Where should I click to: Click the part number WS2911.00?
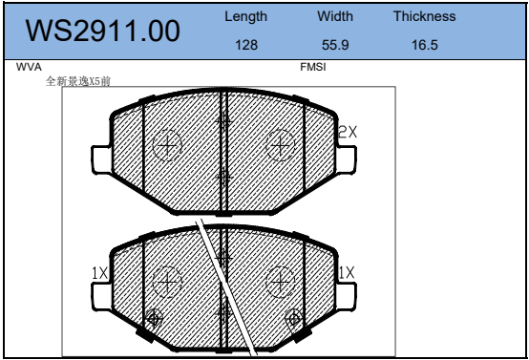pos(103,31)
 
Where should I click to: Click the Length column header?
pos(246,16)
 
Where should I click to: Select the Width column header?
pos(335,16)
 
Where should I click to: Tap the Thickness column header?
pos(424,16)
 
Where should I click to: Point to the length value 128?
pos(246,45)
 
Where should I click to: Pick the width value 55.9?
pos(335,45)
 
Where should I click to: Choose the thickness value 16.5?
pos(424,45)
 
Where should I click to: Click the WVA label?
pos(29,67)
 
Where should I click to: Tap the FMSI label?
pos(313,67)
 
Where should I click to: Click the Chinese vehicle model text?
pos(78,81)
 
